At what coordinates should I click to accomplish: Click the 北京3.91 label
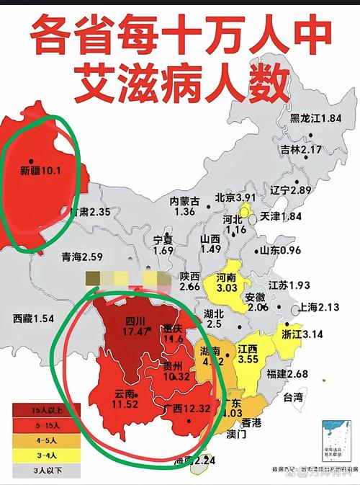pyautogui.click(x=235, y=197)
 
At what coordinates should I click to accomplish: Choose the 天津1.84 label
pyautogui.click(x=280, y=217)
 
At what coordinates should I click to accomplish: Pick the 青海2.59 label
pyautogui.click(x=83, y=256)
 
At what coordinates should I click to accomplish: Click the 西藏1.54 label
pyautogui.click(x=34, y=318)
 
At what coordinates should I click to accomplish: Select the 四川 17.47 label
pyautogui.click(x=135, y=326)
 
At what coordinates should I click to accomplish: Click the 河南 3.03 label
pyautogui.click(x=226, y=282)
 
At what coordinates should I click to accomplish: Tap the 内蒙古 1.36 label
pyautogui.click(x=184, y=206)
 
